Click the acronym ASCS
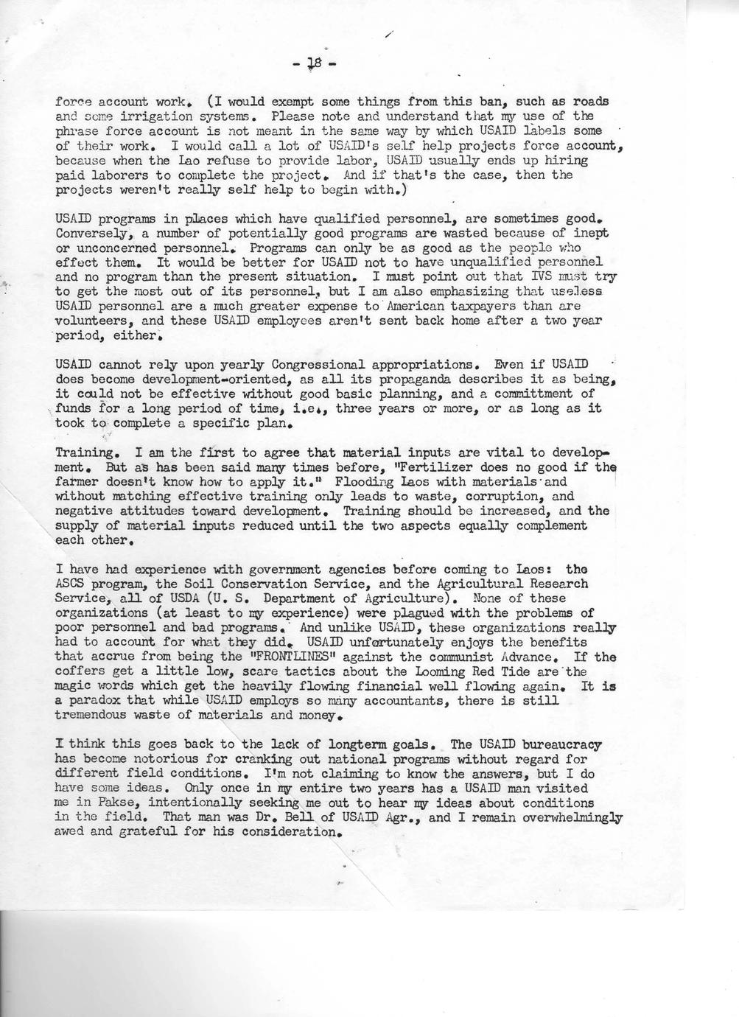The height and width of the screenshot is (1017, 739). pos(73,584)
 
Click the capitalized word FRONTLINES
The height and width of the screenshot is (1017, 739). pos(276,657)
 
